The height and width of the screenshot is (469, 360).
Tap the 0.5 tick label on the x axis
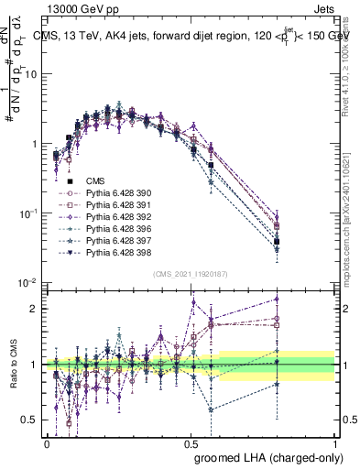click(191, 442)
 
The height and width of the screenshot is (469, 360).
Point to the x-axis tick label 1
click(335, 442)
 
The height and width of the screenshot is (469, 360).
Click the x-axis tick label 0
click(47, 442)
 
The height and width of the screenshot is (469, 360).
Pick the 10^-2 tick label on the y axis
click(28, 283)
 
